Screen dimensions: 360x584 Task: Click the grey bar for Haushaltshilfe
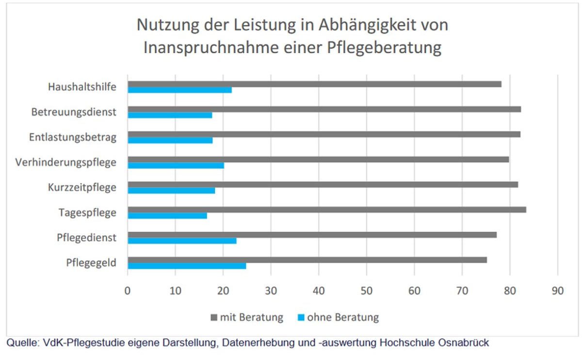(314, 84)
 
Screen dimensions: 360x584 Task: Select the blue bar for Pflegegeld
(187, 266)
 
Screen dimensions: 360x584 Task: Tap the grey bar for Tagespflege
(326, 210)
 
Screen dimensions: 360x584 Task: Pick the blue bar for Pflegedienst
(182, 241)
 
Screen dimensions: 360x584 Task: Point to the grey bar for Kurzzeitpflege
(323, 184)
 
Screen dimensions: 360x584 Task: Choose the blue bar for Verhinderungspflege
(176, 165)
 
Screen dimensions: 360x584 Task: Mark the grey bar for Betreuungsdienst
(324, 109)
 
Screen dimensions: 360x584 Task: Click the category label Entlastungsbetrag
(73, 137)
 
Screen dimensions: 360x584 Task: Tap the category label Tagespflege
(87, 213)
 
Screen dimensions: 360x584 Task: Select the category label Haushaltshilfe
(82, 87)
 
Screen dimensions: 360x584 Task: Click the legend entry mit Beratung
(247, 318)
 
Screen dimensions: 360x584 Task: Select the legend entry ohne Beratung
(338, 318)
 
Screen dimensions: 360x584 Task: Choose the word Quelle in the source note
(21, 343)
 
